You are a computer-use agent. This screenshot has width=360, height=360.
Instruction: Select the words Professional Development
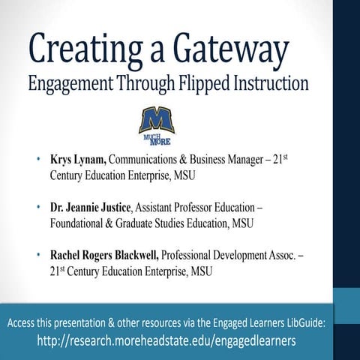pyautogui.click(x=241, y=256)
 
